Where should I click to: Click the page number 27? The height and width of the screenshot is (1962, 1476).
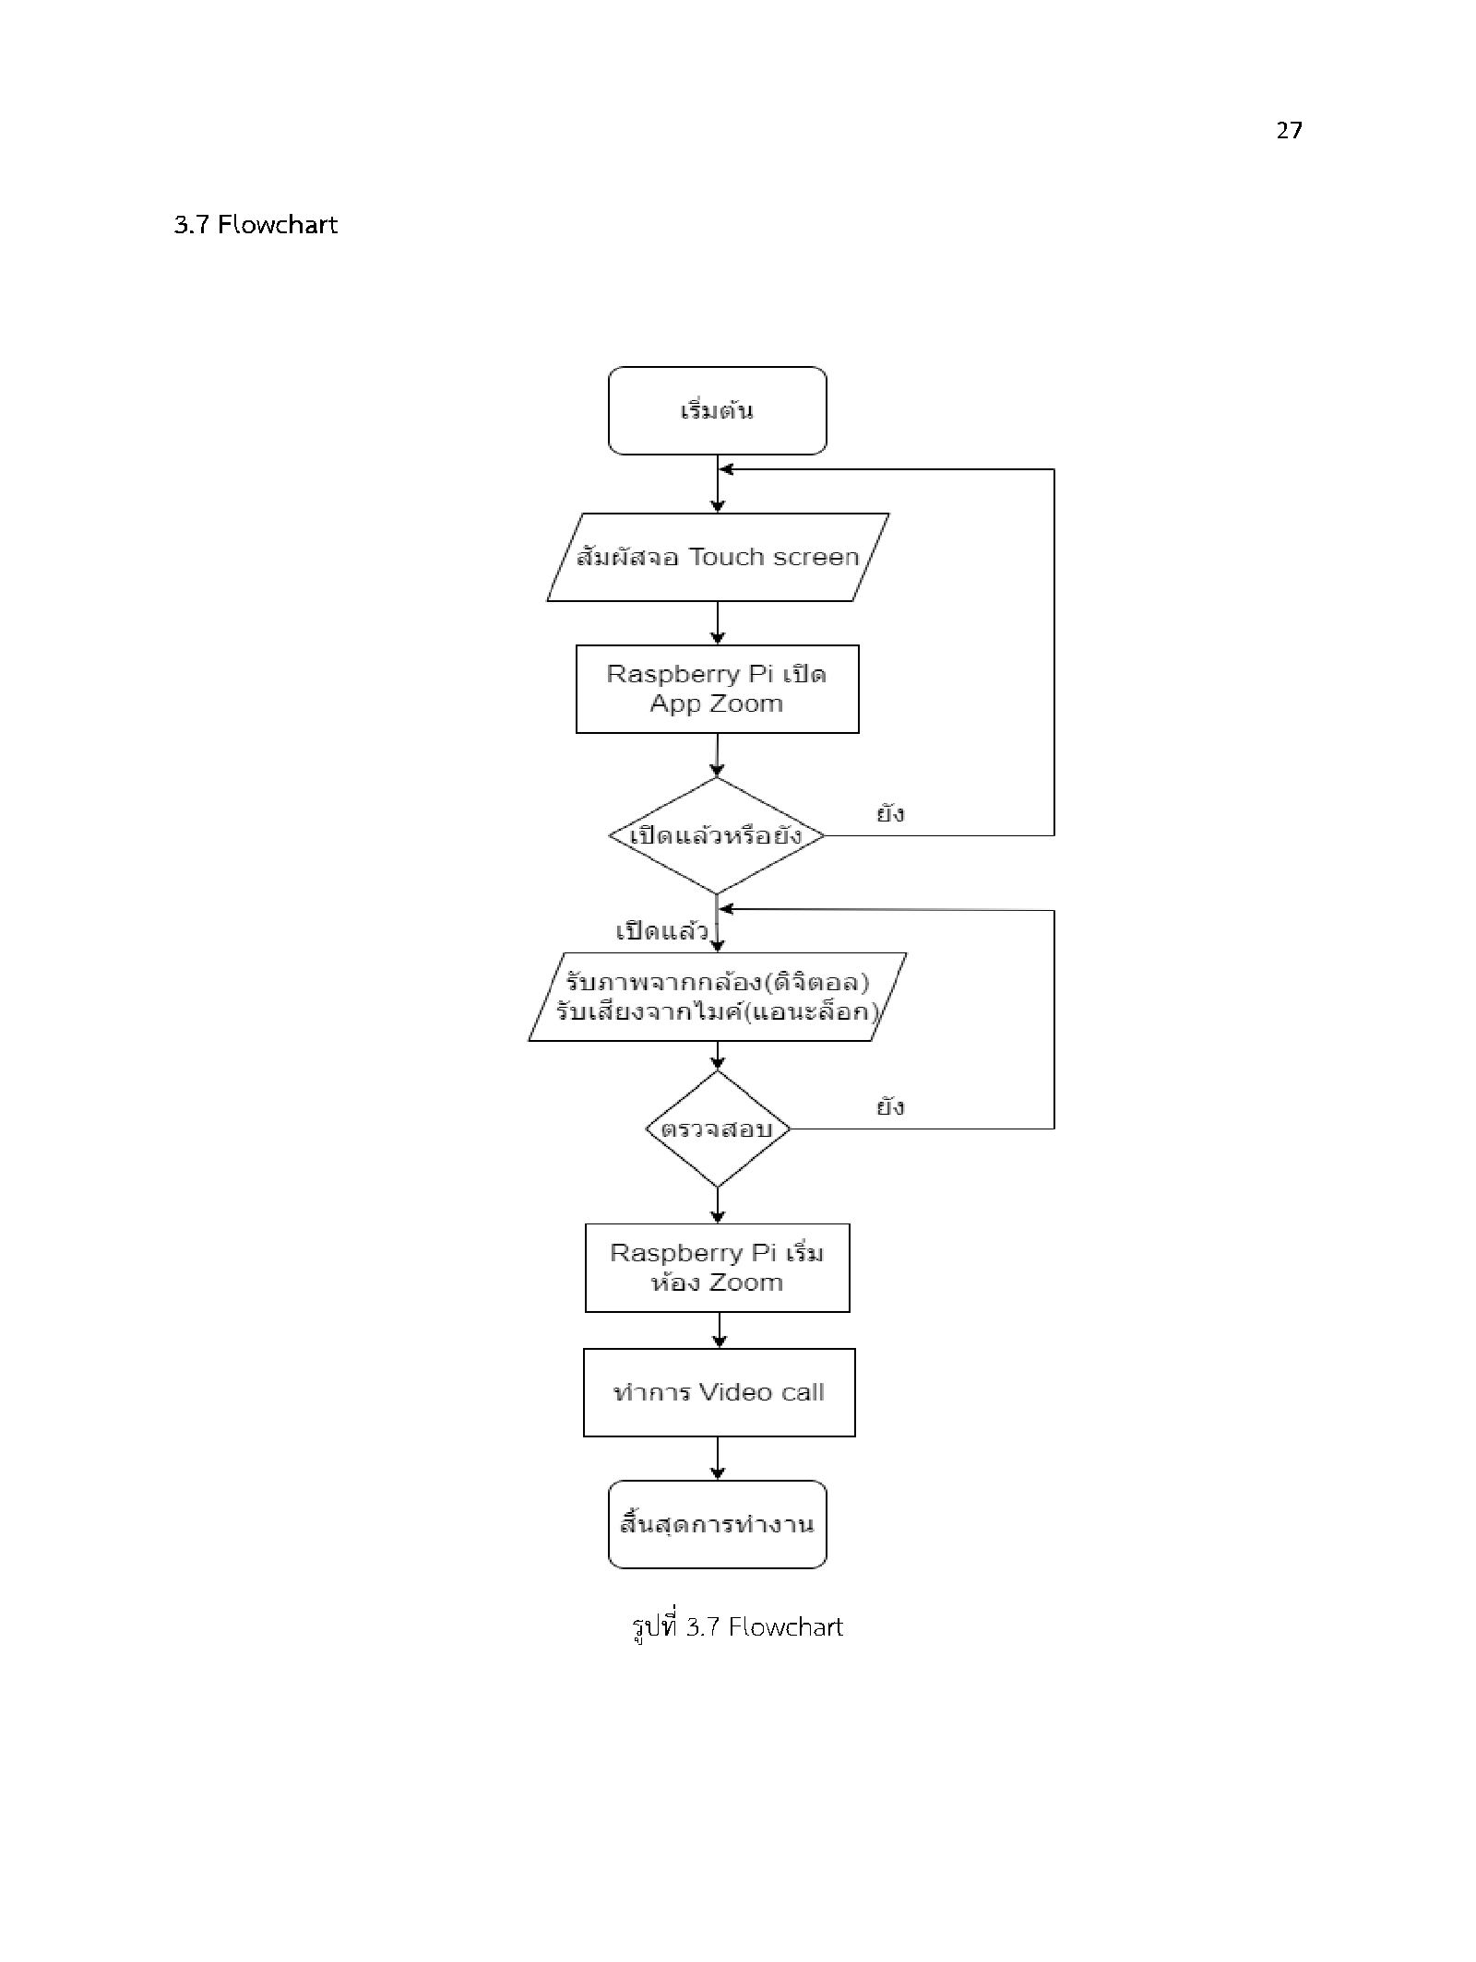click(1289, 130)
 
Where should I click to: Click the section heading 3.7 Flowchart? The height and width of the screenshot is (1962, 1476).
click(256, 225)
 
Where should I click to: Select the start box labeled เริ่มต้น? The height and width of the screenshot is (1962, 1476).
click(717, 410)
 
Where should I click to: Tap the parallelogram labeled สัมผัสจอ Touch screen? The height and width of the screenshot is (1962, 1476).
click(718, 557)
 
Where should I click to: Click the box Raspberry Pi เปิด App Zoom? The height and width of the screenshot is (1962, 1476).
click(717, 689)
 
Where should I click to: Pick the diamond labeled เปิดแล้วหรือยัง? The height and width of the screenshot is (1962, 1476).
click(717, 835)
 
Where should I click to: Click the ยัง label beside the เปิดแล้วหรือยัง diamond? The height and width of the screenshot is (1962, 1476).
click(890, 813)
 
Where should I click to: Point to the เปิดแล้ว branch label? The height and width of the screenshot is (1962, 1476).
click(661, 930)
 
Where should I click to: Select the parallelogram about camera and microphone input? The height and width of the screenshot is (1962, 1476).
click(717, 997)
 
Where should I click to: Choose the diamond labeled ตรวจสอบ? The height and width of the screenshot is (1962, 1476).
click(718, 1129)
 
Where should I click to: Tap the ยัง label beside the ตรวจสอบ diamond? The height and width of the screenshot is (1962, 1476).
click(890, 1106)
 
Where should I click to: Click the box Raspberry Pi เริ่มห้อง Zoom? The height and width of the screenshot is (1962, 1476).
click(717, 1268)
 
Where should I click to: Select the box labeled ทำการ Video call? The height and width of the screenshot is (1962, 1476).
click(719, 1392)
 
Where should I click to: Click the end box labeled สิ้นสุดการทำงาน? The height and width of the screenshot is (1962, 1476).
click(717, 1524)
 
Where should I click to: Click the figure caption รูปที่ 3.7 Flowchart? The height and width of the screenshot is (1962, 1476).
click(737, 1626)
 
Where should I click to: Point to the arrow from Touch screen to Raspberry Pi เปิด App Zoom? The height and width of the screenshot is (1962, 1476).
click(718, 623)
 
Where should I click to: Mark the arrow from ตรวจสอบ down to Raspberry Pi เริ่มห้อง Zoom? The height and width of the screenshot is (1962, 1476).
click(718, 1206)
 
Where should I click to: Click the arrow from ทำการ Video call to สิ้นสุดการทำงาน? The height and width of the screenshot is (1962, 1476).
click(718, 1459)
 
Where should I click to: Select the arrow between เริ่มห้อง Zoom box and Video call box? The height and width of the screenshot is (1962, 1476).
click(719, 1330)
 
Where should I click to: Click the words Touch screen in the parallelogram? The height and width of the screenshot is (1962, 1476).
click(774, 557)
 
